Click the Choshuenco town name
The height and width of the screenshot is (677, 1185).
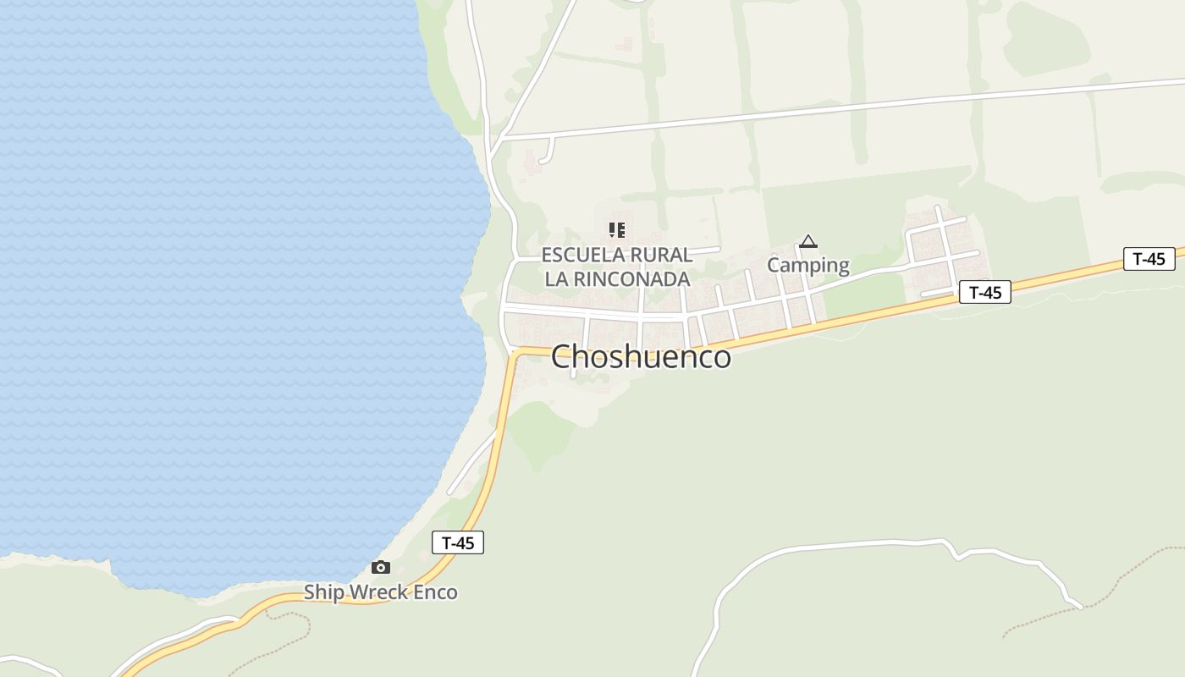[x=641, y=357]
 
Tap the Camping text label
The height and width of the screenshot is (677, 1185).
[x=808, y=265]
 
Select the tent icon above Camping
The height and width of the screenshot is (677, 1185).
[x=808, y=242]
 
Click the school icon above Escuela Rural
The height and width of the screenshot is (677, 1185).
[x=617, y=229]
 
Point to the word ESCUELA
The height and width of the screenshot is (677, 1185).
[x=581, y=255]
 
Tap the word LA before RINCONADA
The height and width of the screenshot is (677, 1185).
[x=555, y=279]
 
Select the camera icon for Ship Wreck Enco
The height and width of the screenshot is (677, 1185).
[x=381, y=567]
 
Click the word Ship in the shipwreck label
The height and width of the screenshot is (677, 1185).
[x=324, y=592]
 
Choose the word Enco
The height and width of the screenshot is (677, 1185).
[x=437, y=592]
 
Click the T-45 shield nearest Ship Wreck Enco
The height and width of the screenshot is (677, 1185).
[x=458, y=542]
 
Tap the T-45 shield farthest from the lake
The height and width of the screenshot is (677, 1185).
[x=1149, y=259]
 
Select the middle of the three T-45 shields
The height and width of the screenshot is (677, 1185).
[x=985, y=293]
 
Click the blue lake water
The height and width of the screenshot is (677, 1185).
[x=212, y=296]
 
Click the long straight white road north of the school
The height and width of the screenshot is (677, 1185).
[x=846, y=108]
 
